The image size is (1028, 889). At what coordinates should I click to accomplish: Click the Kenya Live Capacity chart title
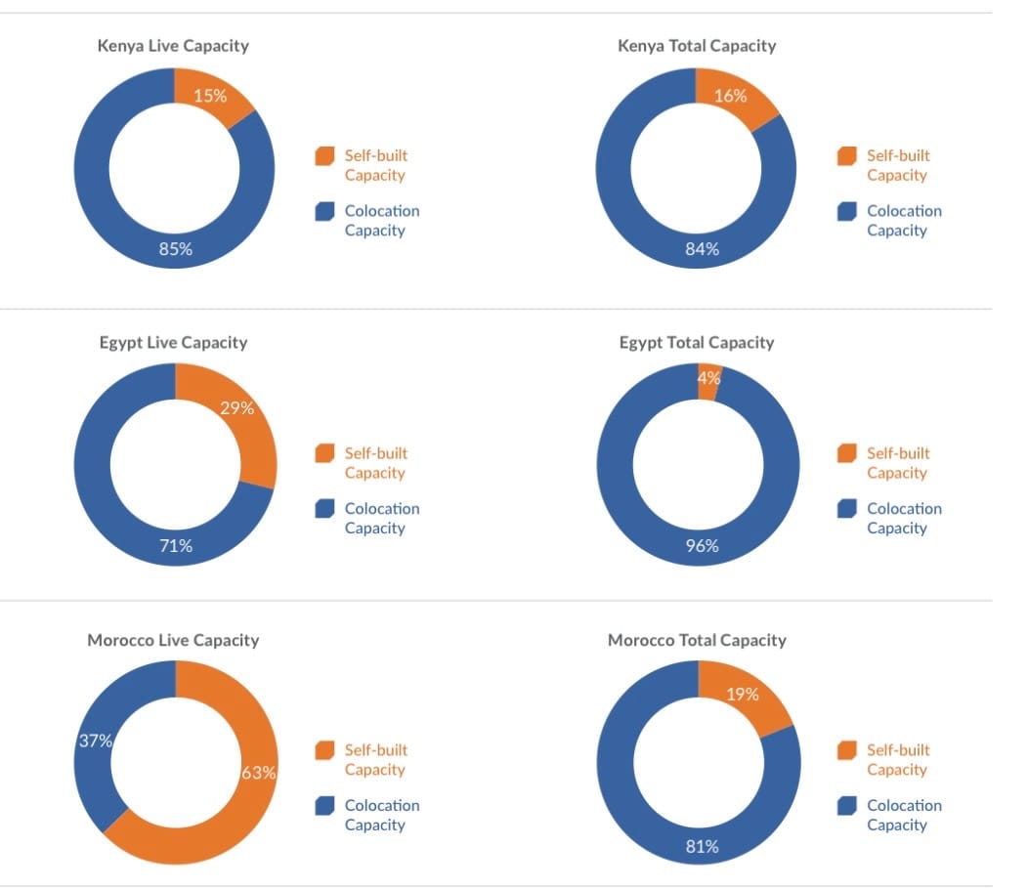(x=173, y=46)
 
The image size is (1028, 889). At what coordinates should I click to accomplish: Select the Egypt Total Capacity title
(x=696, y=343)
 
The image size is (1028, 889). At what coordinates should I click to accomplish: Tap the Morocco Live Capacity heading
(x=173, y=641)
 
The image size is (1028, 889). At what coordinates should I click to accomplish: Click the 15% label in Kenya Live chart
(x=210, y=96)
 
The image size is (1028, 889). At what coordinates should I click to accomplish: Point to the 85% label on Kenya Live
(x=176, y=249)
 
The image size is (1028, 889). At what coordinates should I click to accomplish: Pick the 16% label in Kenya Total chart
(x=730, y=96)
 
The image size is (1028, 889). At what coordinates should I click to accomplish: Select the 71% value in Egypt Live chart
(x=176, y=546)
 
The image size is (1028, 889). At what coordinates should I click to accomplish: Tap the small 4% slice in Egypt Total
(x=709, y=379)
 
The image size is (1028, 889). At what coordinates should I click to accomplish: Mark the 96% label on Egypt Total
(x=702, y=546)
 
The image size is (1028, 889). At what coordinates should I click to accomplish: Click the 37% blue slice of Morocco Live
(x=96, y=741)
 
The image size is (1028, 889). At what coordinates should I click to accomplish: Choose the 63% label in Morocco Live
(x=259, y=773)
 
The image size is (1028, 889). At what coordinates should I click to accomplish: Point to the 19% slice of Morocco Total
(x=743, y=695)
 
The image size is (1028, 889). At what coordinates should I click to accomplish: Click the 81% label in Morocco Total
(x=702, y=847)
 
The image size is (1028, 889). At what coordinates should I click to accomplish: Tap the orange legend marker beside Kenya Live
(x=324, y=156)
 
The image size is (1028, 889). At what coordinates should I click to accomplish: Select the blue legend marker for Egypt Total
(x=846, y=509)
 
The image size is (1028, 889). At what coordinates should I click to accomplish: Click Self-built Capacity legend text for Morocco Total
(x=898, y=760)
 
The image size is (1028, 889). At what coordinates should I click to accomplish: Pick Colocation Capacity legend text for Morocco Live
(x=382, y=815)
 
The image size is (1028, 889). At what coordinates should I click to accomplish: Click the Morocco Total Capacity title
(x=697, y=641)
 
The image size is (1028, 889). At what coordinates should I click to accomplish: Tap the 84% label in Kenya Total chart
(x=702, y=249)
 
